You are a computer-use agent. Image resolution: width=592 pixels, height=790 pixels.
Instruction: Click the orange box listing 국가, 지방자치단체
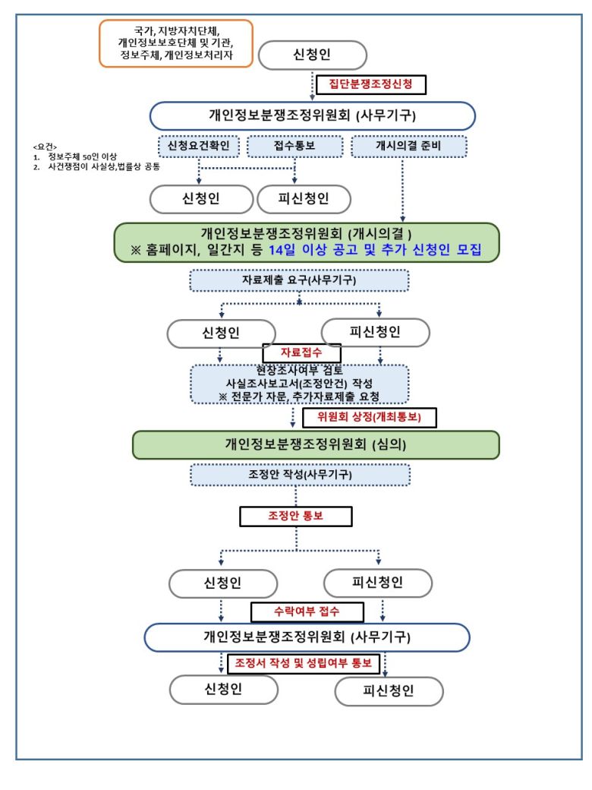click(x=175, y=43)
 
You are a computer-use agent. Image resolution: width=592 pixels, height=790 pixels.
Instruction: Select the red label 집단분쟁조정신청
click(x=376, y=84)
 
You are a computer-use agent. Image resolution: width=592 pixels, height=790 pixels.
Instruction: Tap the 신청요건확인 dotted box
click(x=199, y=145)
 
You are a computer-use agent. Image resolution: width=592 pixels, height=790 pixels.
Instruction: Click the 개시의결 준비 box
click(x=408, y=145)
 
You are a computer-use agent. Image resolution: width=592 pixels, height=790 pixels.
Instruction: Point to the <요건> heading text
click(x=45, y=146)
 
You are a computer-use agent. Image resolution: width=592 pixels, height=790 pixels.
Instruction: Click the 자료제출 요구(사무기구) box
click(x=299, y=280)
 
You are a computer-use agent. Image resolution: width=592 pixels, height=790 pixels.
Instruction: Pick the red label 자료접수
click(x=301, y=352)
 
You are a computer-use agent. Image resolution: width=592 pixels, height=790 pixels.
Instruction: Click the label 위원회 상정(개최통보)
click(x=372, y=417)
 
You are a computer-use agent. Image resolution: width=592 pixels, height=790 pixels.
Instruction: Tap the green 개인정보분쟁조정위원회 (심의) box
click(x=316, y=444)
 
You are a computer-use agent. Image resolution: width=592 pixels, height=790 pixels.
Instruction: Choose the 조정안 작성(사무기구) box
click(x=299, y=475)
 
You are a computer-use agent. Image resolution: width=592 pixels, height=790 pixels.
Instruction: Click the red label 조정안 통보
click(x=296, y=517)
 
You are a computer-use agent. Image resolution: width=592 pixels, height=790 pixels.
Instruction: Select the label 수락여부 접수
click(x=307, y=611)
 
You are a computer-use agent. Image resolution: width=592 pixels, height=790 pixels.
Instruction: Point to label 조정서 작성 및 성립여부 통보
click(x=303, y=663)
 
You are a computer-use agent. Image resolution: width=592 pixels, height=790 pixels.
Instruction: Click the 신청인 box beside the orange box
click(x=312, y=55)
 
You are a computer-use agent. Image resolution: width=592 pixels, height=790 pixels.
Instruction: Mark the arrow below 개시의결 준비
click(x=401, y=190)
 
